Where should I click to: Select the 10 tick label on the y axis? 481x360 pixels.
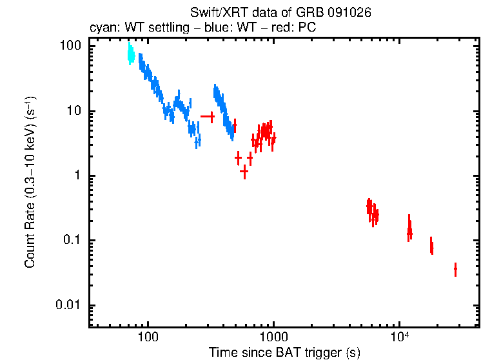coord(74,111)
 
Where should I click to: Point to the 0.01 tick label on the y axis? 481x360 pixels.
coord(70,305)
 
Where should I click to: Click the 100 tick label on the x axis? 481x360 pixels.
coord(148,336)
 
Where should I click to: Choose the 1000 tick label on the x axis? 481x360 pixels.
coord(273,336)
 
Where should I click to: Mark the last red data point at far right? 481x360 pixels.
coord(455,269)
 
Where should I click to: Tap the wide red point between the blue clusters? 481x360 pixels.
coord(208,116)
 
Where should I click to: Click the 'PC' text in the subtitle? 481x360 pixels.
coord(307,28)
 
